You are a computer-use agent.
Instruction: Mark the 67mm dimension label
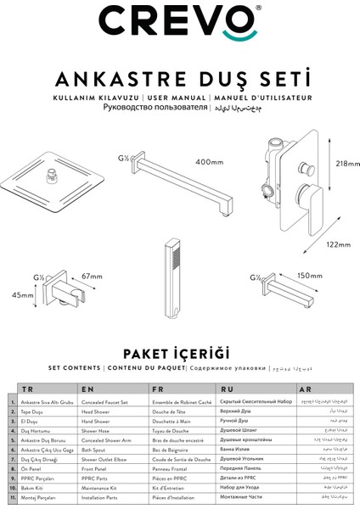pyautogui.click(x=92, y=276)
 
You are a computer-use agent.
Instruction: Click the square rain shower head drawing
pyautogui.click(x=52, y=187)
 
